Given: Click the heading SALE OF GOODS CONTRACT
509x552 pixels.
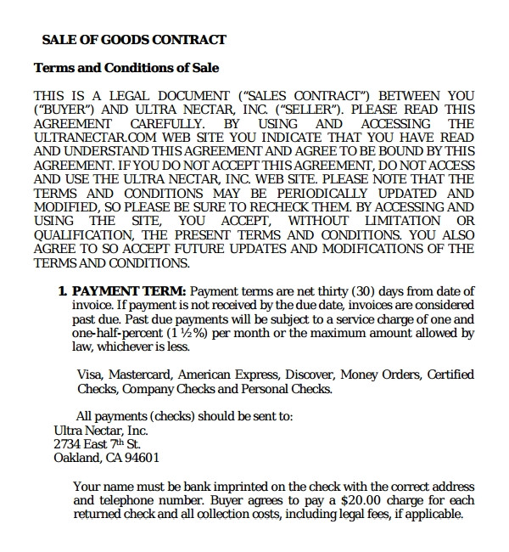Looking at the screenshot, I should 134,39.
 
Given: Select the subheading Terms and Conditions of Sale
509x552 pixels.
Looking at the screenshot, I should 126,68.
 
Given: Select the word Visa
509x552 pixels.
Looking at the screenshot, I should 90,375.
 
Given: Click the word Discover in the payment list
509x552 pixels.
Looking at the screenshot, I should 309,375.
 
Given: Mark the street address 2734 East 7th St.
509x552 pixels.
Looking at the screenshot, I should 97,444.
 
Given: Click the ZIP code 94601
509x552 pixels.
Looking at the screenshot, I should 142,458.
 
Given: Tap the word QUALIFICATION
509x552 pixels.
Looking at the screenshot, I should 85,234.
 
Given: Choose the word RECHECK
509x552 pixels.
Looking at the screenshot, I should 255,206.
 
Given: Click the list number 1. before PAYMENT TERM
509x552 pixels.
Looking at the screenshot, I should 63,291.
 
